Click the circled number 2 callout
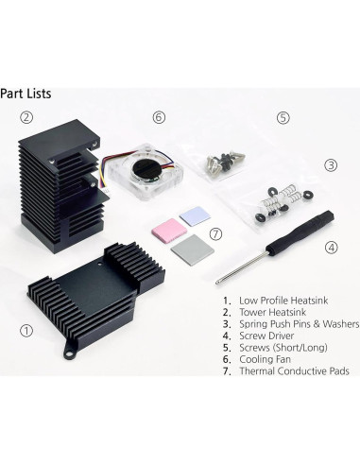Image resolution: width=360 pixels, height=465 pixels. (27, 118)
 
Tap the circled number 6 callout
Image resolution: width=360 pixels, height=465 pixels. (159, 117)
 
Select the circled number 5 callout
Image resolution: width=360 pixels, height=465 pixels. (283, 118)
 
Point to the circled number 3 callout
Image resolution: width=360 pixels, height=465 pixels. (331, 164)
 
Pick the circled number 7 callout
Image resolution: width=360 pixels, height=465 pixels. (215, 233)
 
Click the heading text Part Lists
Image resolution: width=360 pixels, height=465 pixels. (26, 94)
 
